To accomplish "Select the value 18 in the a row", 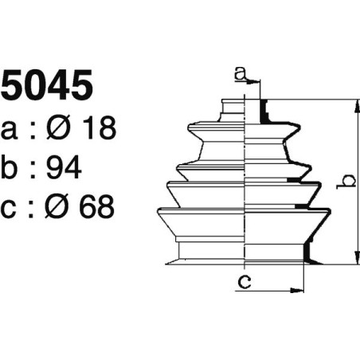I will tap(96, 127).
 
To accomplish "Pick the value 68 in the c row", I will tap(96, 207).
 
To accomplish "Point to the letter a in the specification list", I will tap(10, 129).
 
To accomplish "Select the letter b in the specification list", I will tap(11, 167).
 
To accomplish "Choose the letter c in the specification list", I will tap(10, 209).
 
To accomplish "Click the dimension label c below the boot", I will tap(246, 280).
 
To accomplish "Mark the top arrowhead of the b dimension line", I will tap(350, 104).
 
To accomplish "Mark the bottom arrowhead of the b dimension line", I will tap(350, 260).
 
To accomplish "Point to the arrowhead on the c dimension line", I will tap(299, 290).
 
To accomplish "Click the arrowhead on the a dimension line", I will tap(257, 81).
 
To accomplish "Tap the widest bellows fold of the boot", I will tap(243, 213).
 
